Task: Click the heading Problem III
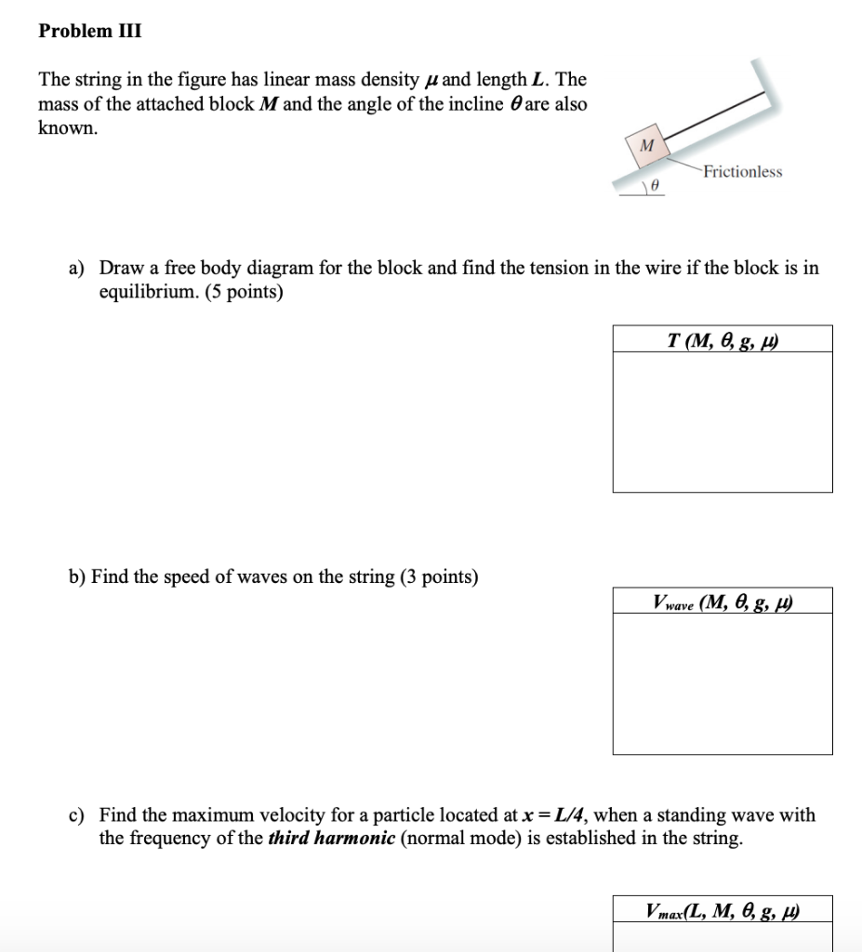(x=90, y=31)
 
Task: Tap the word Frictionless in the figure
(x=742, y=172)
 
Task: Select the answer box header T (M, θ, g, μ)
(x=722, y=339)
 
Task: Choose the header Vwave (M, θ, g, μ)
(x=722, y=602)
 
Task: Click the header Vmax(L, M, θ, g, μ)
(x=722, y=910)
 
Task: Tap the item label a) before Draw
(x=77, y=269)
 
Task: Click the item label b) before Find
(x=77, y=577)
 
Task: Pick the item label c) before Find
(x=77, y=815)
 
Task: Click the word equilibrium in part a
(x=144, y=292)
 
